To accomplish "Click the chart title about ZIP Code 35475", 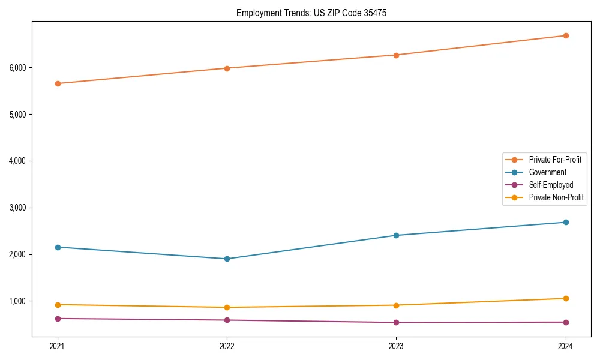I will (x=307, y=13).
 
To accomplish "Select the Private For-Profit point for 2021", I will (x=58, y=83).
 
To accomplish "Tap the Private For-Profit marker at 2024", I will (x=565, y=35).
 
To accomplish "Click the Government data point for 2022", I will (x=227, y=259).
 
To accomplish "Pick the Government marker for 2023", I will (x=396, y=235).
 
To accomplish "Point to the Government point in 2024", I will (x=565, y=222).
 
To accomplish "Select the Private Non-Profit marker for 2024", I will (x=565, y=298).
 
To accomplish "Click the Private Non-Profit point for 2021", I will (x=58, y=305).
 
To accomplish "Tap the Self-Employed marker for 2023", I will (x=396, y=322).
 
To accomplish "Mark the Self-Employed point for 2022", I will (x=227, y=320).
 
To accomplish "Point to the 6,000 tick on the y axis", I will (x=17, y=68).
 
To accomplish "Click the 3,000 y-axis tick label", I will (x=17, y=208).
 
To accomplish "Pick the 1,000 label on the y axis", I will (x=17, y=301).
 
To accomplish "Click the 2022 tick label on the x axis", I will (x=227, y=346).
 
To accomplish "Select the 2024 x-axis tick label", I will (x=565, y=346).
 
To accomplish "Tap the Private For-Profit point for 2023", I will (x=396, y=55).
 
